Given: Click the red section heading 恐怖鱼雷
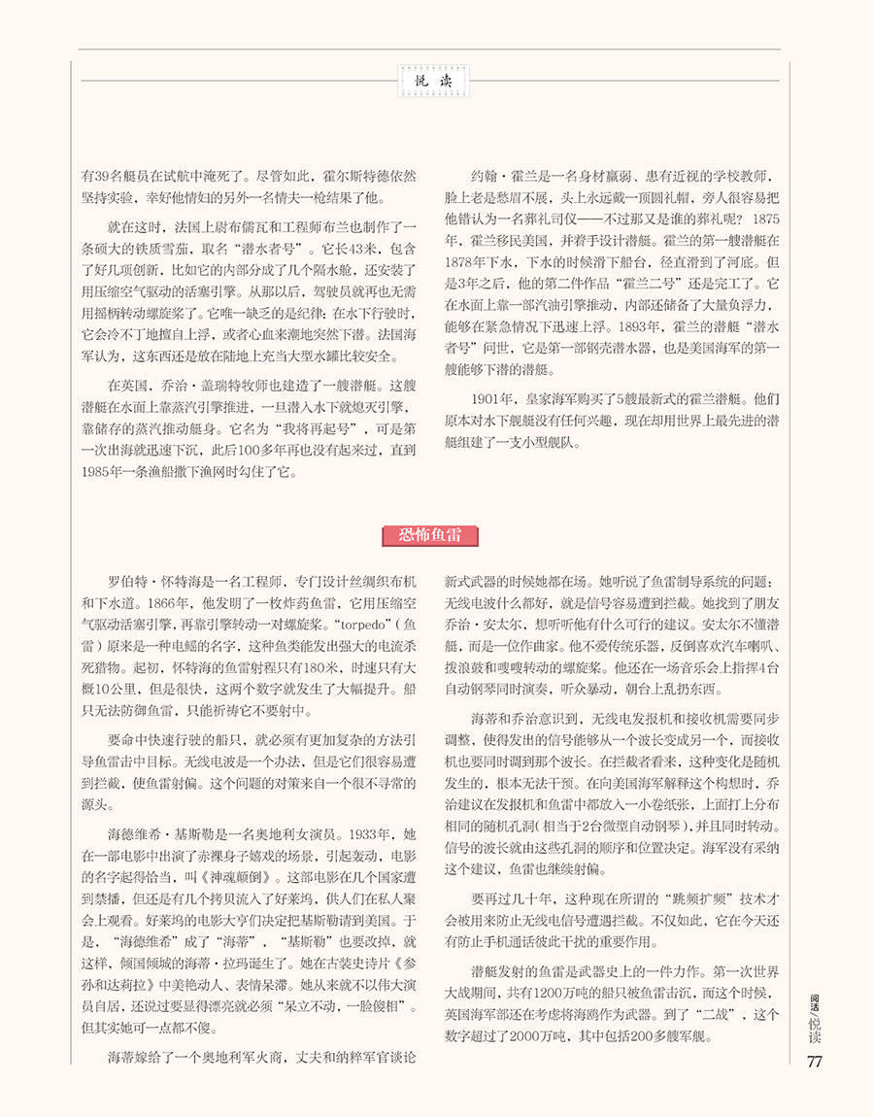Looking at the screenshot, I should [436, 533].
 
